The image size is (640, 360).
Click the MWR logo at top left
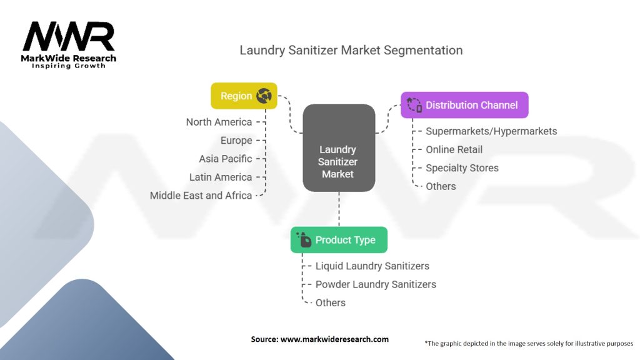pos(69,45)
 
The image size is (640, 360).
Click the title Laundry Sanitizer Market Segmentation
pos(351,50)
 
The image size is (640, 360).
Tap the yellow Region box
pos(244,96)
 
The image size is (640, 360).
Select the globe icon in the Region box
pos(264,96)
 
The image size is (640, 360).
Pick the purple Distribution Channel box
pos(464,105)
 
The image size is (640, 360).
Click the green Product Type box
pos(339,240)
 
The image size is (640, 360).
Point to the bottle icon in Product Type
pos(304,239)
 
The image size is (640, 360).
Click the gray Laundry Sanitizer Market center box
pos(339,147)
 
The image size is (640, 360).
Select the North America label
pos(219,122)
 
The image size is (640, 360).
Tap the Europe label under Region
pos(236,141)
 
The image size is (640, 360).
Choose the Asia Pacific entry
pos(225,159)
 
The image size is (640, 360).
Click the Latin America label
pos(221,177)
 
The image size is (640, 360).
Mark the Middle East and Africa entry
pos(201,196)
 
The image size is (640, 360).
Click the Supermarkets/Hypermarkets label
pos(491,131)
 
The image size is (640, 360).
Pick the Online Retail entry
pos(454,149)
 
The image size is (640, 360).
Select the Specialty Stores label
pos(462,167)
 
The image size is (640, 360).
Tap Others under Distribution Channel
pos(441,186)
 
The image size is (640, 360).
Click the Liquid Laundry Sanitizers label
pos(372,266)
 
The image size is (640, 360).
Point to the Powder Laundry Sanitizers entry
pos(376,284)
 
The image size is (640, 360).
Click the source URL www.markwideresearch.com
pos(335,339)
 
